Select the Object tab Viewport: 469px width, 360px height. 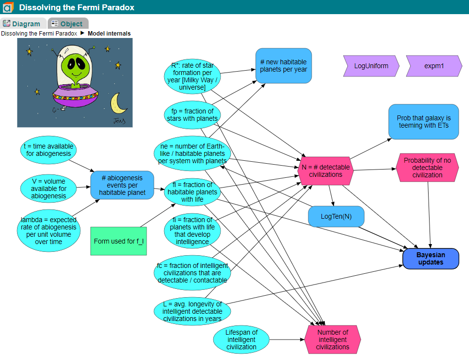pos(68,23)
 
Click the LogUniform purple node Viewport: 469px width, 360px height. pos(371,66)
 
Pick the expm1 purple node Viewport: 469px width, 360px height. pos(434,66)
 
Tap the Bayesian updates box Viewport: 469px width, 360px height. pos(431,259)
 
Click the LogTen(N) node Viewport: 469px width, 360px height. pos(336,216)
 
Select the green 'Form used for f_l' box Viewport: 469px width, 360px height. pos(118,241)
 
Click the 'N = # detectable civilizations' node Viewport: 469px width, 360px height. pos(325,171)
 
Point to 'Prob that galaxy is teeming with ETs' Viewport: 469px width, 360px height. pos(423,122)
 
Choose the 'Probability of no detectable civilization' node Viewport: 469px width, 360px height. pos(427,168)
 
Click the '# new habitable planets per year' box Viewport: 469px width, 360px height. pos(283,66)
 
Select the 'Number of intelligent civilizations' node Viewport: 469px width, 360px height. pos(333,340)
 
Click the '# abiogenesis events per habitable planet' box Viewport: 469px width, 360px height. pos(122,185)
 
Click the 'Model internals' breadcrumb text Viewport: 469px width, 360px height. pos(109,34)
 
